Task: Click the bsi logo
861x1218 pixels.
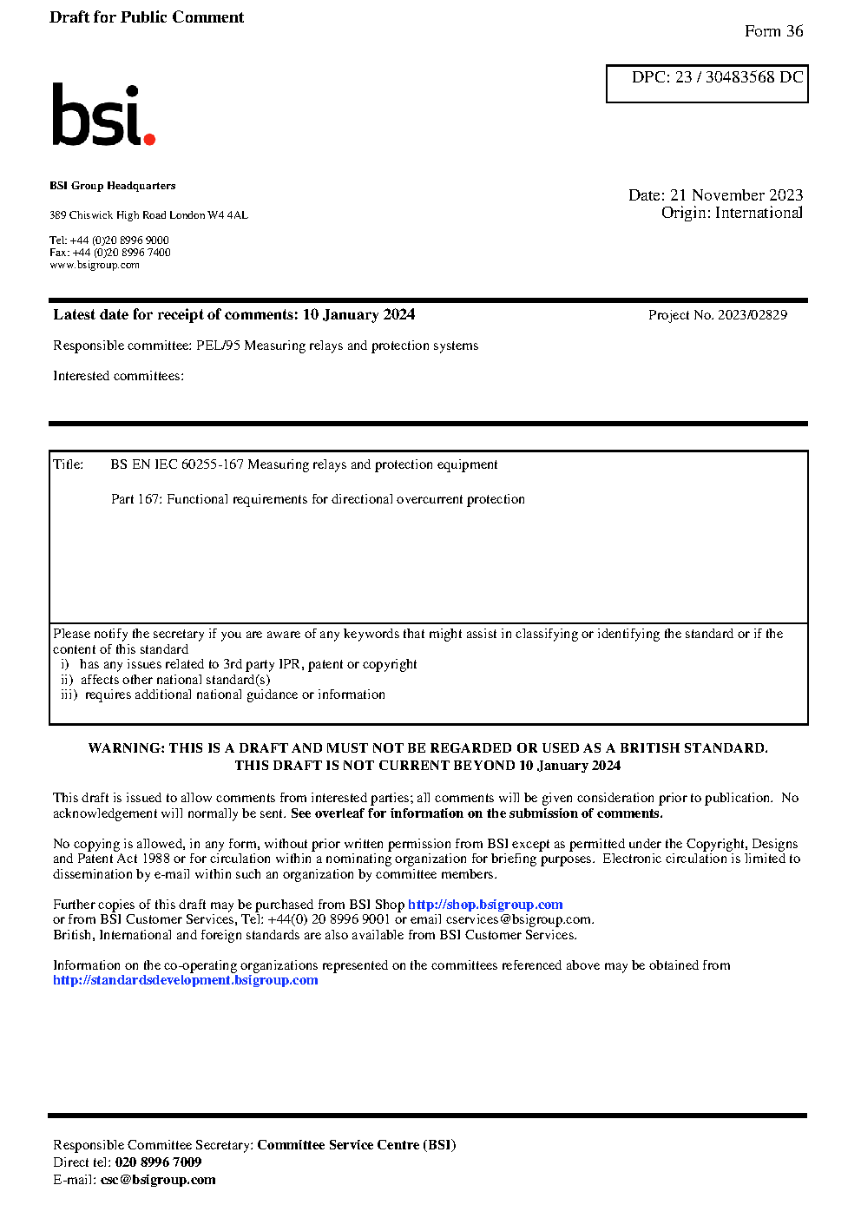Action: pos(102,115)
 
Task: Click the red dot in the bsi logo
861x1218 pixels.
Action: pos(149,138)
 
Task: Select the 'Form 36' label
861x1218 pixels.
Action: pos(773,31)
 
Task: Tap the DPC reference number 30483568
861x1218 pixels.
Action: pos(739,77)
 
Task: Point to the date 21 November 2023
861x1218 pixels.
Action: pos(736,195)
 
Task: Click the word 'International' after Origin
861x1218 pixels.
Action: pos(759,213)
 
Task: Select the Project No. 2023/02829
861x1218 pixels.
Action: pos(752,315)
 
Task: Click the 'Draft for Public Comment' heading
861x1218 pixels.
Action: pos(147,17)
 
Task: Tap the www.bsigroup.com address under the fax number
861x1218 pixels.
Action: pos(95,265)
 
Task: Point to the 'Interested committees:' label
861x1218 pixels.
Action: pos(118,376)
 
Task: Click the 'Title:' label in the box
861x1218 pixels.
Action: pos(69,464)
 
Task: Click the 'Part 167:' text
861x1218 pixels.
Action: pos(136,499)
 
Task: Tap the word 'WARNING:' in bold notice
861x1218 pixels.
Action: pos(126,748)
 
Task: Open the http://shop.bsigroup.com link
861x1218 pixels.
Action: pos(485,905)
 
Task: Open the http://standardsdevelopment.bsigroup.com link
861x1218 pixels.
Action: pos(185,980)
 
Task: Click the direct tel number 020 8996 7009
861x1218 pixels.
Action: pos(158,1162)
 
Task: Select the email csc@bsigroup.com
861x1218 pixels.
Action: pos(158,1180)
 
